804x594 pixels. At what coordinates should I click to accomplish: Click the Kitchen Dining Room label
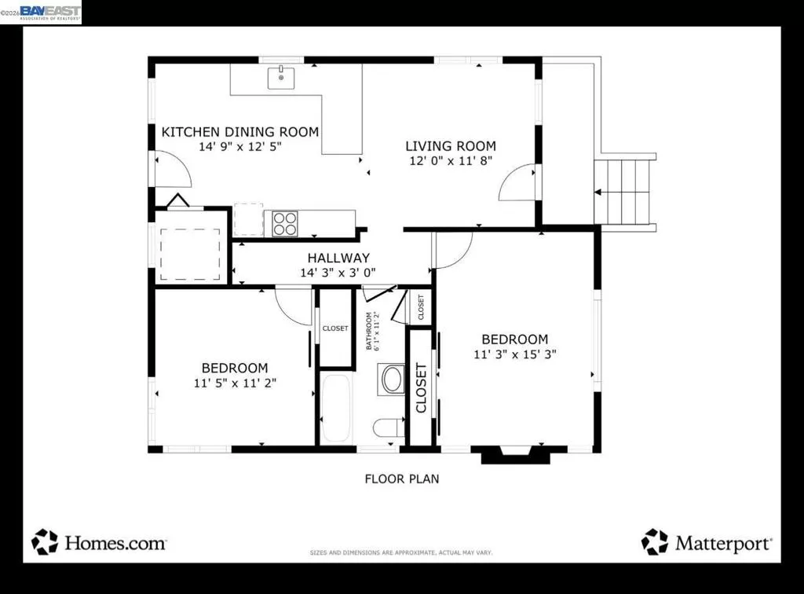240,132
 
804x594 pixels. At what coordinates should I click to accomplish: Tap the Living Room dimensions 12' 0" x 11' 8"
451,160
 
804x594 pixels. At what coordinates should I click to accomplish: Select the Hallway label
338,258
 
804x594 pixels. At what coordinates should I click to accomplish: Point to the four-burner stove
285,224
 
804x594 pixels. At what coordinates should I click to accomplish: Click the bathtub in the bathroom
337,408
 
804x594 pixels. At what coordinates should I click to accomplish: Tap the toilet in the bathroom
388,427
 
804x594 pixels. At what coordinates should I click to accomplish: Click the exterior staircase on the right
624,192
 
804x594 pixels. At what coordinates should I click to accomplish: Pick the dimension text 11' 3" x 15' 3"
514,354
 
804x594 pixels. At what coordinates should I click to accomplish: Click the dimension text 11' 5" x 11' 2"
235,383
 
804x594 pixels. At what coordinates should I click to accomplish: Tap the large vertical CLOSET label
421,387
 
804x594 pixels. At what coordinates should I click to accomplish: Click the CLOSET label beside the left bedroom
335,328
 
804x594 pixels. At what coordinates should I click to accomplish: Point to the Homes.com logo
99,542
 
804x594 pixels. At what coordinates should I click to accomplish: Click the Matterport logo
707,541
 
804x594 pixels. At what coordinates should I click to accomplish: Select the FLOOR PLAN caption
402,478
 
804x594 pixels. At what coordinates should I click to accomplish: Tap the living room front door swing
518,184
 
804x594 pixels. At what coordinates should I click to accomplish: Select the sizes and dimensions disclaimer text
401,553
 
